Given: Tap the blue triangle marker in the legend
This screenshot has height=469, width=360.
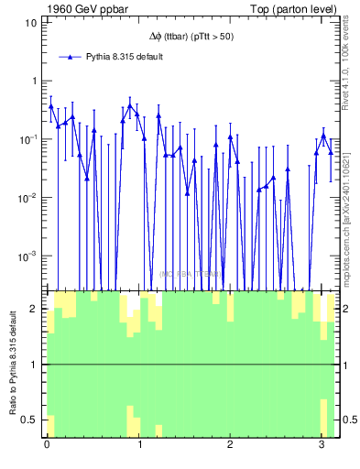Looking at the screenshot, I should [71, 57].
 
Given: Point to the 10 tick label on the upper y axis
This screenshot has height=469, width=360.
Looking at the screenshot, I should [30, 21].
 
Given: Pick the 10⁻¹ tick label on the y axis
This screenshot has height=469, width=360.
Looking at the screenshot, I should [28, 138].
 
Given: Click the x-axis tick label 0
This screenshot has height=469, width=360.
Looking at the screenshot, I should [47, 446].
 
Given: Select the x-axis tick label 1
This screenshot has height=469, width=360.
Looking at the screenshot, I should [139, 446].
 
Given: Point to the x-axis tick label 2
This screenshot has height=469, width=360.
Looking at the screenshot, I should [231, 446].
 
